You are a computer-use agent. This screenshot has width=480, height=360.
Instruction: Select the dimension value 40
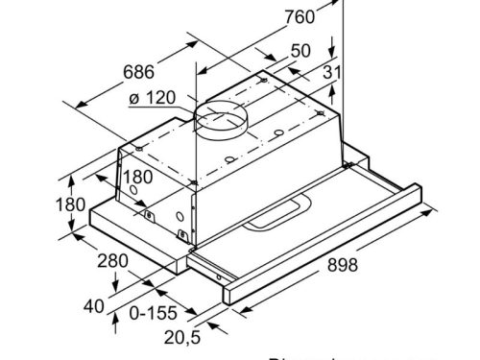(93, 306)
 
